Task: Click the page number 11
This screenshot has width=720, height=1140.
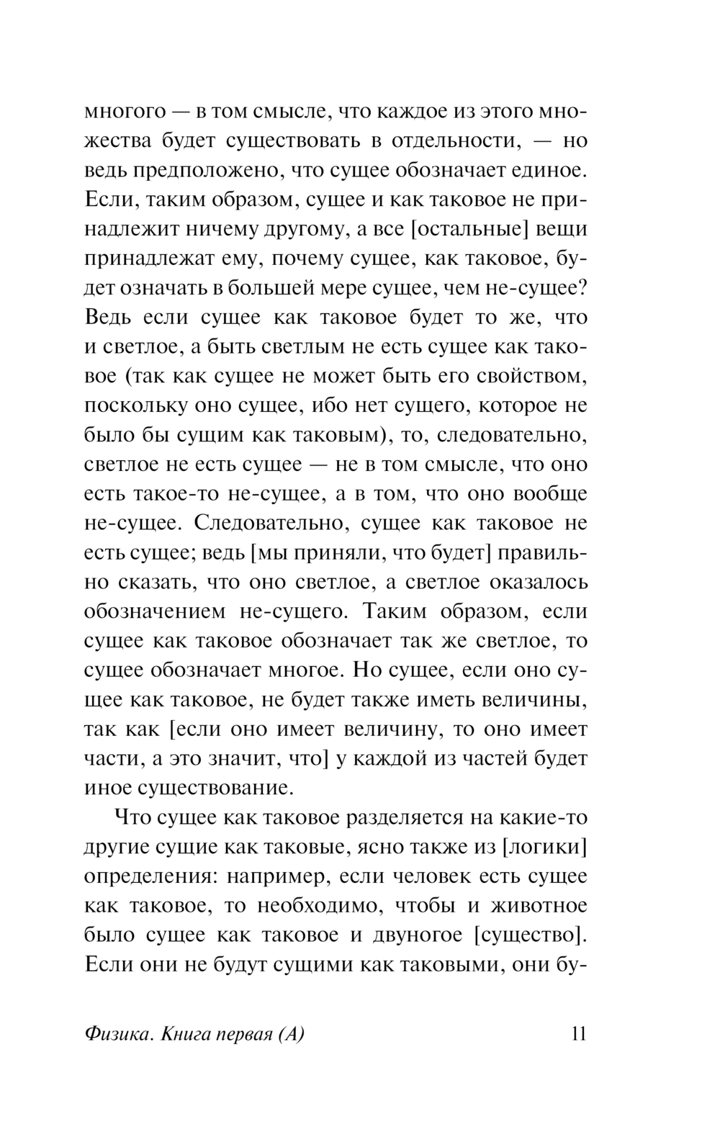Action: coord(578,1033)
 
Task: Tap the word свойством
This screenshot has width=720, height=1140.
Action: coord(526,376)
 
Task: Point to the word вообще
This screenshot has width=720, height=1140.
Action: coord(550,494)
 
